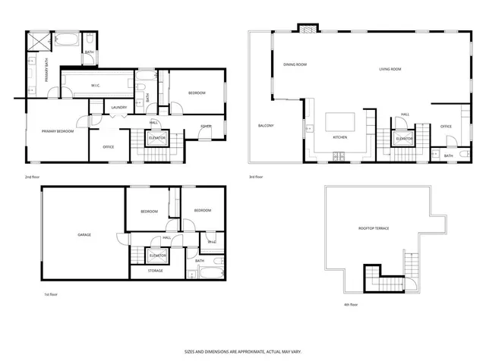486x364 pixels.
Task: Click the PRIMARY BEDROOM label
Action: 58,131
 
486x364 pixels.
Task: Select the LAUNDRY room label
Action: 118,107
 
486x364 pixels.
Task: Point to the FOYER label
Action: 206,126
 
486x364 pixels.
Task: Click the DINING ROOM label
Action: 295,64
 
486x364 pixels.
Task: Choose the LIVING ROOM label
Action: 390,69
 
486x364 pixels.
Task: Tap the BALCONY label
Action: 266,125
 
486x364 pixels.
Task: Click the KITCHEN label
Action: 340,137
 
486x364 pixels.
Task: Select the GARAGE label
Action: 84,234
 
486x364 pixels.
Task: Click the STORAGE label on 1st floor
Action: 156,270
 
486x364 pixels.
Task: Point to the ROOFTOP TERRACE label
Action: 374,227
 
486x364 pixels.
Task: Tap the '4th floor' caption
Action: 351,304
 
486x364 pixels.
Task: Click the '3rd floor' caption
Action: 256,177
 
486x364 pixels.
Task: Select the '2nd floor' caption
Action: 32,177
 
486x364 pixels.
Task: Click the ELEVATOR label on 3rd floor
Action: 404,139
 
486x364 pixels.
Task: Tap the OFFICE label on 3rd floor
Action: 446,126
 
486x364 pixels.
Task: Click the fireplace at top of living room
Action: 308,30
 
